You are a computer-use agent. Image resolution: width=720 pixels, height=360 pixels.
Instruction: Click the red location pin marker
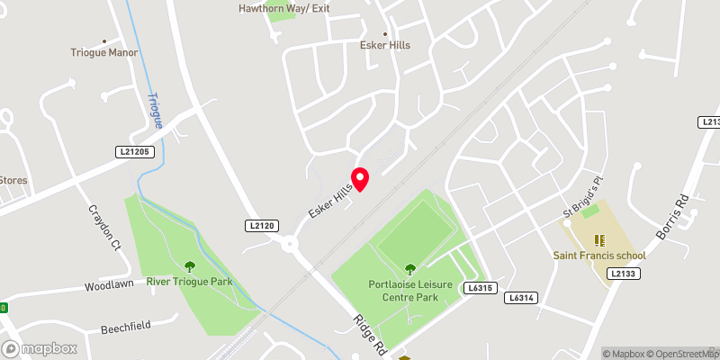[360, 178]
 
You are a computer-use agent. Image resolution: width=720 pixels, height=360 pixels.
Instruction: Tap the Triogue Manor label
[104, 52]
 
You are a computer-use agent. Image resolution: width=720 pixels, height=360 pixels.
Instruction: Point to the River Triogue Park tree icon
[190, 266]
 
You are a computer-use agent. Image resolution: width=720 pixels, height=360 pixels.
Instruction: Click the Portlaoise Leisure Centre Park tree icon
[410, 268]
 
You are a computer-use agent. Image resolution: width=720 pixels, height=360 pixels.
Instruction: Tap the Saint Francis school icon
[600, 240]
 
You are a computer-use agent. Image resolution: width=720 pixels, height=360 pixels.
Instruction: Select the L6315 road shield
[481, 288]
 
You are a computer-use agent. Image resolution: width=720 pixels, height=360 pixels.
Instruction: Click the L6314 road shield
[520, 297]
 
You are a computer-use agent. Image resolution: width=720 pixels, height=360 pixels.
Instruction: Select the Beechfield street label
[125, 326]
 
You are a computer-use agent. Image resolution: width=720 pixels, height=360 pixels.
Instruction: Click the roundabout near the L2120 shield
[290, 243]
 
